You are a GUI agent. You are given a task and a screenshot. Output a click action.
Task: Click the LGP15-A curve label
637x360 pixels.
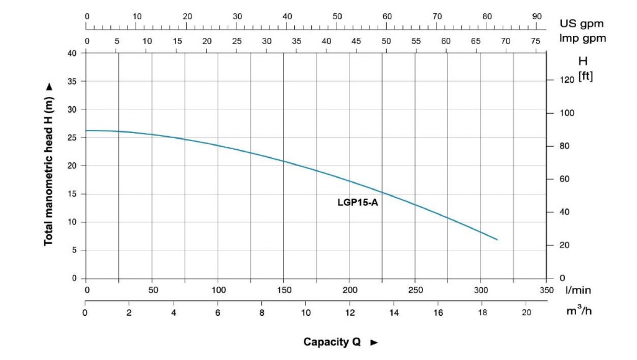(x=358, y=202)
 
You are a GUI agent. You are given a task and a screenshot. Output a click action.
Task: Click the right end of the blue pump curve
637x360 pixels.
(x=497, y=239)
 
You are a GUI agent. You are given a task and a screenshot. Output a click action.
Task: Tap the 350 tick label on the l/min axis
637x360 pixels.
(x=546, y=290)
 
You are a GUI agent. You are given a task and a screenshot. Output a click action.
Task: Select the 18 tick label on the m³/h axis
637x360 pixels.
(x=482, y=313)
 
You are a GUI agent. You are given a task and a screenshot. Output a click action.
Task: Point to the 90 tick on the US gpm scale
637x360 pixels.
(x=537, y=16)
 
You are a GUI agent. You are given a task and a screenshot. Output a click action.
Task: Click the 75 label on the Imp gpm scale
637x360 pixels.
(x=536, y=41)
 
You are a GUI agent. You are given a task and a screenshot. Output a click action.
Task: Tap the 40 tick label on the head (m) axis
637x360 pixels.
(x=72, y=53)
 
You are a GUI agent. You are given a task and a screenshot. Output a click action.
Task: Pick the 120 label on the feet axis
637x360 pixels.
(x=567, y=80)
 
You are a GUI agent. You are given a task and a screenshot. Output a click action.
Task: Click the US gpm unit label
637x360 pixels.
(x=582, y=24)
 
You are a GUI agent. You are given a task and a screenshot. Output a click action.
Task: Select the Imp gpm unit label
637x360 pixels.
(x=582, y=39)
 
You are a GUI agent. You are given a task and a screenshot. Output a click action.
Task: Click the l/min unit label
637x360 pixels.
(x=578, y=290)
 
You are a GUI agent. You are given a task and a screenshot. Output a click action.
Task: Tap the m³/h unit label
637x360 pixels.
(x=579, y=310)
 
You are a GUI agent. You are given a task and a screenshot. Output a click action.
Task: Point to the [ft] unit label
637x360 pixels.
(x=585, y=76)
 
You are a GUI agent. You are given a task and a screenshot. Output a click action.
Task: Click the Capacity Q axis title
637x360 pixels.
(x=332, y=342)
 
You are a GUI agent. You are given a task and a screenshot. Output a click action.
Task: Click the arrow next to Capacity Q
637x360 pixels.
(x=374, y=343)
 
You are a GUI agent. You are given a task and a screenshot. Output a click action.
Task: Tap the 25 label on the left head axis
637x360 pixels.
(x=72, y=137)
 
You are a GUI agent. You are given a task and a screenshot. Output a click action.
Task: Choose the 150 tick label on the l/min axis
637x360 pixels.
(x=284, y=290)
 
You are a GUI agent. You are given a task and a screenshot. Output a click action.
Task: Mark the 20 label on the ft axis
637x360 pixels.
(x=564, y=245)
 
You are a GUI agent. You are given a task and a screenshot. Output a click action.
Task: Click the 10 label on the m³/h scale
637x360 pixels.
(x=305, y=313)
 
